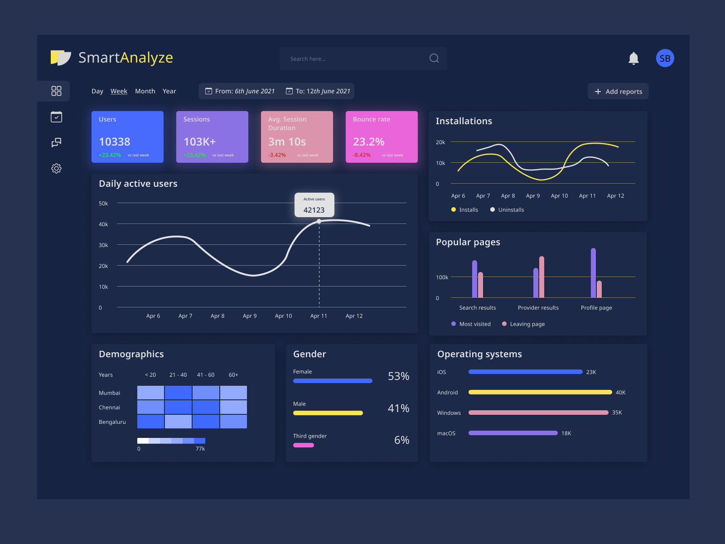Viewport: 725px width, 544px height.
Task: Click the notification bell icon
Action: tap(633, 58)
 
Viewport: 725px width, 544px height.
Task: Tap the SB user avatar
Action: tap(665, 58)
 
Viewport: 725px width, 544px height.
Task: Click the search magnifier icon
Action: tap(434, 58)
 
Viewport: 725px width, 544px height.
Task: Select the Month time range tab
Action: tap(145, 91)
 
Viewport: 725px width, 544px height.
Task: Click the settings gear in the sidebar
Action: tap(56, 168)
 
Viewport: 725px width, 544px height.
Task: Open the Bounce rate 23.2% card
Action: tap(381, 136)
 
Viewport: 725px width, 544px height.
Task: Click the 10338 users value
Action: tap(115, 142)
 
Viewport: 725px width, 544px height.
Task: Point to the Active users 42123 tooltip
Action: tap(314, 205)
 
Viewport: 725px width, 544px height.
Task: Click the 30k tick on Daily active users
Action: tap(103, 245)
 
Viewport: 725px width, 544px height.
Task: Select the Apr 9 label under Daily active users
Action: tap(250, 316)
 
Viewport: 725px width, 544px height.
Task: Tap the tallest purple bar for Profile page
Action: tap(593, 272)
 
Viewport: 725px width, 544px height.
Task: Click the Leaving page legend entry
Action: tap(527, 324)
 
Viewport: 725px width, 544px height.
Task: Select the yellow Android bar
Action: tap(540, 392)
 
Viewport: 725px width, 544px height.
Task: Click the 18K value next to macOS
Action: tap(566, 433)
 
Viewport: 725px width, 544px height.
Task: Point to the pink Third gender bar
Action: tap(304, 445)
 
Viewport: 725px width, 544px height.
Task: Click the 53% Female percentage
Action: tap(398, 376)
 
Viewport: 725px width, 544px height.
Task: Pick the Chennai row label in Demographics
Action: tap(109, 408)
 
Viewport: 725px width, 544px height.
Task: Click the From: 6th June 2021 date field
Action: tap(240, 91)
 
